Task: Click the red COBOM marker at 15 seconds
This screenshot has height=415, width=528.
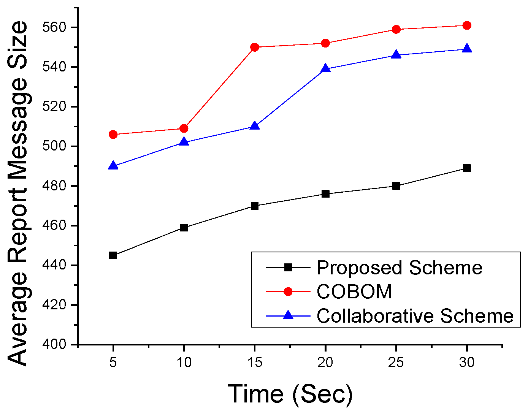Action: click(255, 47)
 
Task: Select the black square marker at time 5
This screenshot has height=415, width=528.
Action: click(113, 255)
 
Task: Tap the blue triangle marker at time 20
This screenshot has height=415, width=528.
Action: click(325, 69)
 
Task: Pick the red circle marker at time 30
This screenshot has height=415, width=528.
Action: click(467, 25)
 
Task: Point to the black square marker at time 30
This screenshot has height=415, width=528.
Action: click(467, 168)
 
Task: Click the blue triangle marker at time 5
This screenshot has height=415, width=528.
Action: click(113, 166)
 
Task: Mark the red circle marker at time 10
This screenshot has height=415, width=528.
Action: click(184, 128)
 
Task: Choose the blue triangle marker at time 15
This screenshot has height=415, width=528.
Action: click(255, 126)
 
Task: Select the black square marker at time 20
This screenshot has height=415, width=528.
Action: click(325, 194)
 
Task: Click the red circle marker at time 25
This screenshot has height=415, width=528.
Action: click(396, 29)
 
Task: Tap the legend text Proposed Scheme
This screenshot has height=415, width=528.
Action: click(399, 268)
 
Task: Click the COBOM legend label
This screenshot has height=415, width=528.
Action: click(354, 292)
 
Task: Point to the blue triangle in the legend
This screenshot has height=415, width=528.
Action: click(288, 315)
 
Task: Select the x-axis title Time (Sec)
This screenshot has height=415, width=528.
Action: click(290, 394)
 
